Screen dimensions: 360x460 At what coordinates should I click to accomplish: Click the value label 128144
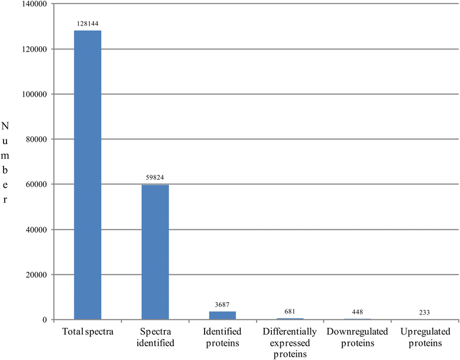click(88, 24)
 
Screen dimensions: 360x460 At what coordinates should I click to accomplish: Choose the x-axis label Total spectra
click(88, 331)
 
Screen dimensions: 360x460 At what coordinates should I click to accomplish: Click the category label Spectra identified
click(155, 336)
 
